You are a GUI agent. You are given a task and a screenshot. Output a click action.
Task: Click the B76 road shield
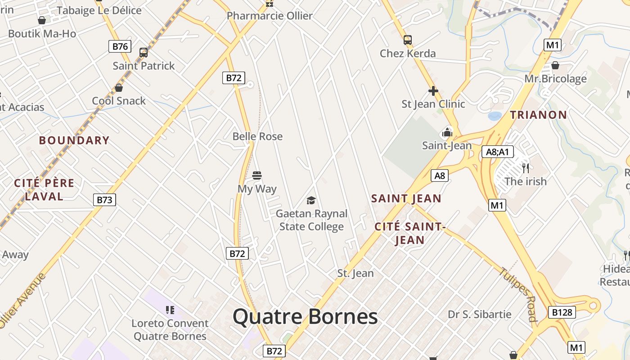click(120, 46)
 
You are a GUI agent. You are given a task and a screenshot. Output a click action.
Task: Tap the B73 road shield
click(104, 200)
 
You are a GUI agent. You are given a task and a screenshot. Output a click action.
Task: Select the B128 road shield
click(562, 312)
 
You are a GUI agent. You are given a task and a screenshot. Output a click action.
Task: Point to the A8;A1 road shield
click(497, 152)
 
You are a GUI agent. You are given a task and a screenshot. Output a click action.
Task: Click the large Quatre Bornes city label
click(305, 317)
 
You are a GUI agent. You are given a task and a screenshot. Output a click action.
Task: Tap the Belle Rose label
click(257, 136)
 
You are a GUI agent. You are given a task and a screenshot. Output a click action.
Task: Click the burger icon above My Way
click(257, 175)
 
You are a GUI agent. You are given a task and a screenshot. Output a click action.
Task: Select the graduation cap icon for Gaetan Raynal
click(311, 200)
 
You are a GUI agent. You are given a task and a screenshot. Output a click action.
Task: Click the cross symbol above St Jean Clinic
click(433, 91)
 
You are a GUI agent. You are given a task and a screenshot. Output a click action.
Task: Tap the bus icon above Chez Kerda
click(408, 40)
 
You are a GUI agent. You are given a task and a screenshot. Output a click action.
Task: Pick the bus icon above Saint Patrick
click(144, 53)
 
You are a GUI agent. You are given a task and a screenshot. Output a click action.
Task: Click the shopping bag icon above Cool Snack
click(119, 88)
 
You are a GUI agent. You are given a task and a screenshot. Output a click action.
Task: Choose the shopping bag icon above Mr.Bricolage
click(555, 66)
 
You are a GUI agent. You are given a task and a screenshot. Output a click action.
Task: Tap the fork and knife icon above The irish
click(526, 168)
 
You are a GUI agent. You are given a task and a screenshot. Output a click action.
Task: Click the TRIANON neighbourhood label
click(538, 115)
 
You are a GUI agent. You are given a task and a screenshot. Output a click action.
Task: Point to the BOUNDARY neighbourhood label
click(74, 140)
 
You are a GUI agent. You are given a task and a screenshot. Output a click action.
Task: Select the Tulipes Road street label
click(518, 294)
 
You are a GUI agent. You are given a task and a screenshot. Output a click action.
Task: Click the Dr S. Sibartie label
click(480, 314)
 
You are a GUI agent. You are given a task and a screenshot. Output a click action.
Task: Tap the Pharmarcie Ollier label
click(270, 16)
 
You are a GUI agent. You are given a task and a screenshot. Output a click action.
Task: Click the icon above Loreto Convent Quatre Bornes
click(170, 310)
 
